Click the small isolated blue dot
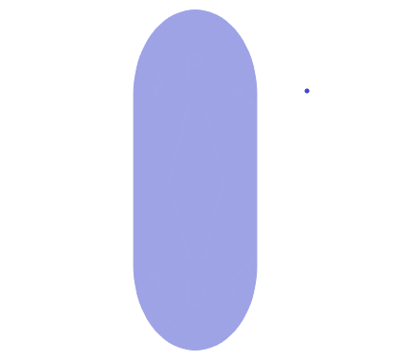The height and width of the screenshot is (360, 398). (x=307, y=91)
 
